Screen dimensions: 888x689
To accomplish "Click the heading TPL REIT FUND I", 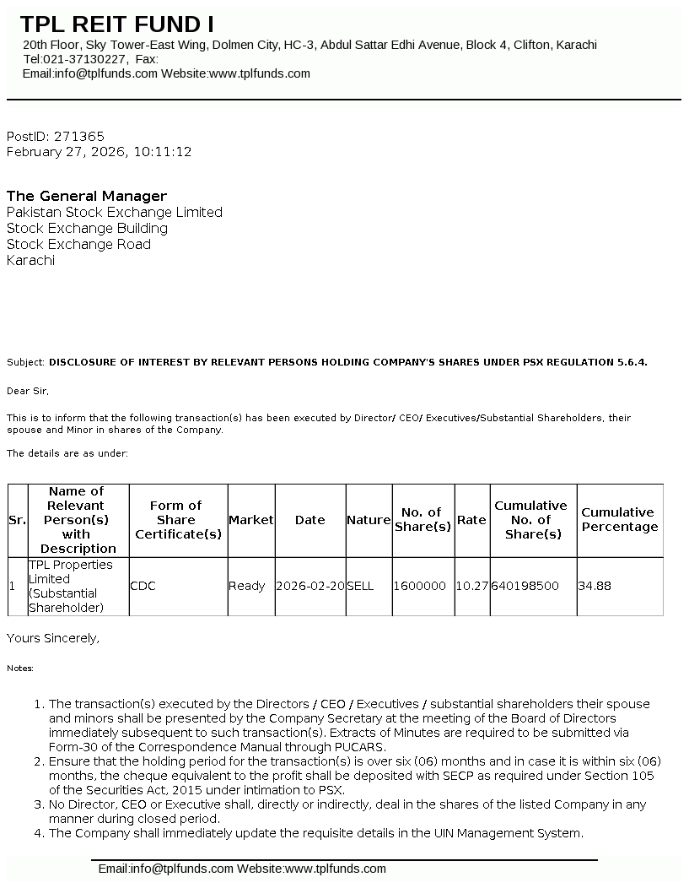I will click(x=117, y=24).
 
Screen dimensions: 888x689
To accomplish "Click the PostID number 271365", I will click(x=79, y=136).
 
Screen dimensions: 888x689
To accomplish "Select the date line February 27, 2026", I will click(x=99, y=152).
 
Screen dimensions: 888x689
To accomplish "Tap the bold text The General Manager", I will click(x=87, y=196).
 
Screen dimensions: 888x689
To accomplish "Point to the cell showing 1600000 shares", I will click(x=420, y=586).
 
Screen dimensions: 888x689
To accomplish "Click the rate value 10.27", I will click(x=471, y=586).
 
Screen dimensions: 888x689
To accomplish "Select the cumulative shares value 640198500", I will click(x=525, y=586).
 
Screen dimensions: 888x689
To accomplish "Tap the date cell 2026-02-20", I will click(x=310, y=586).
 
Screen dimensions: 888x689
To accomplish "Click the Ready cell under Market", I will click(x=246, y=586).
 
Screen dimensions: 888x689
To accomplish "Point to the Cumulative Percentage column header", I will click(x=619, y=519).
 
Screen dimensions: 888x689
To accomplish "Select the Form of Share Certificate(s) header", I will click(x=177, y=519).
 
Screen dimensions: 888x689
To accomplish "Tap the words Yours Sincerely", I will click(x=53, y=638).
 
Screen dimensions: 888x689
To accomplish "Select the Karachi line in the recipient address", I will click(x=30, y=260).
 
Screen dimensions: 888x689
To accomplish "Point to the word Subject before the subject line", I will click(x=25, y=362).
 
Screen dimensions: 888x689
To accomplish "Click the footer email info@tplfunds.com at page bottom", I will click(x=165, y=869).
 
